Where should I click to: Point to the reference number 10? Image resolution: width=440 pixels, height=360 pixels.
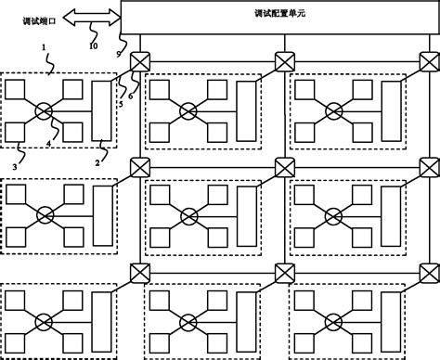tap(92, 45)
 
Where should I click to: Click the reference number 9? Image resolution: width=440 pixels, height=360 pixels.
tap(120, 56)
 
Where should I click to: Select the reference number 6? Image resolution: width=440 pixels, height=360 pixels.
tap(131, 96)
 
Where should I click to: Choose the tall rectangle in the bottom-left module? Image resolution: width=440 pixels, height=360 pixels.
tap(99, 319)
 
